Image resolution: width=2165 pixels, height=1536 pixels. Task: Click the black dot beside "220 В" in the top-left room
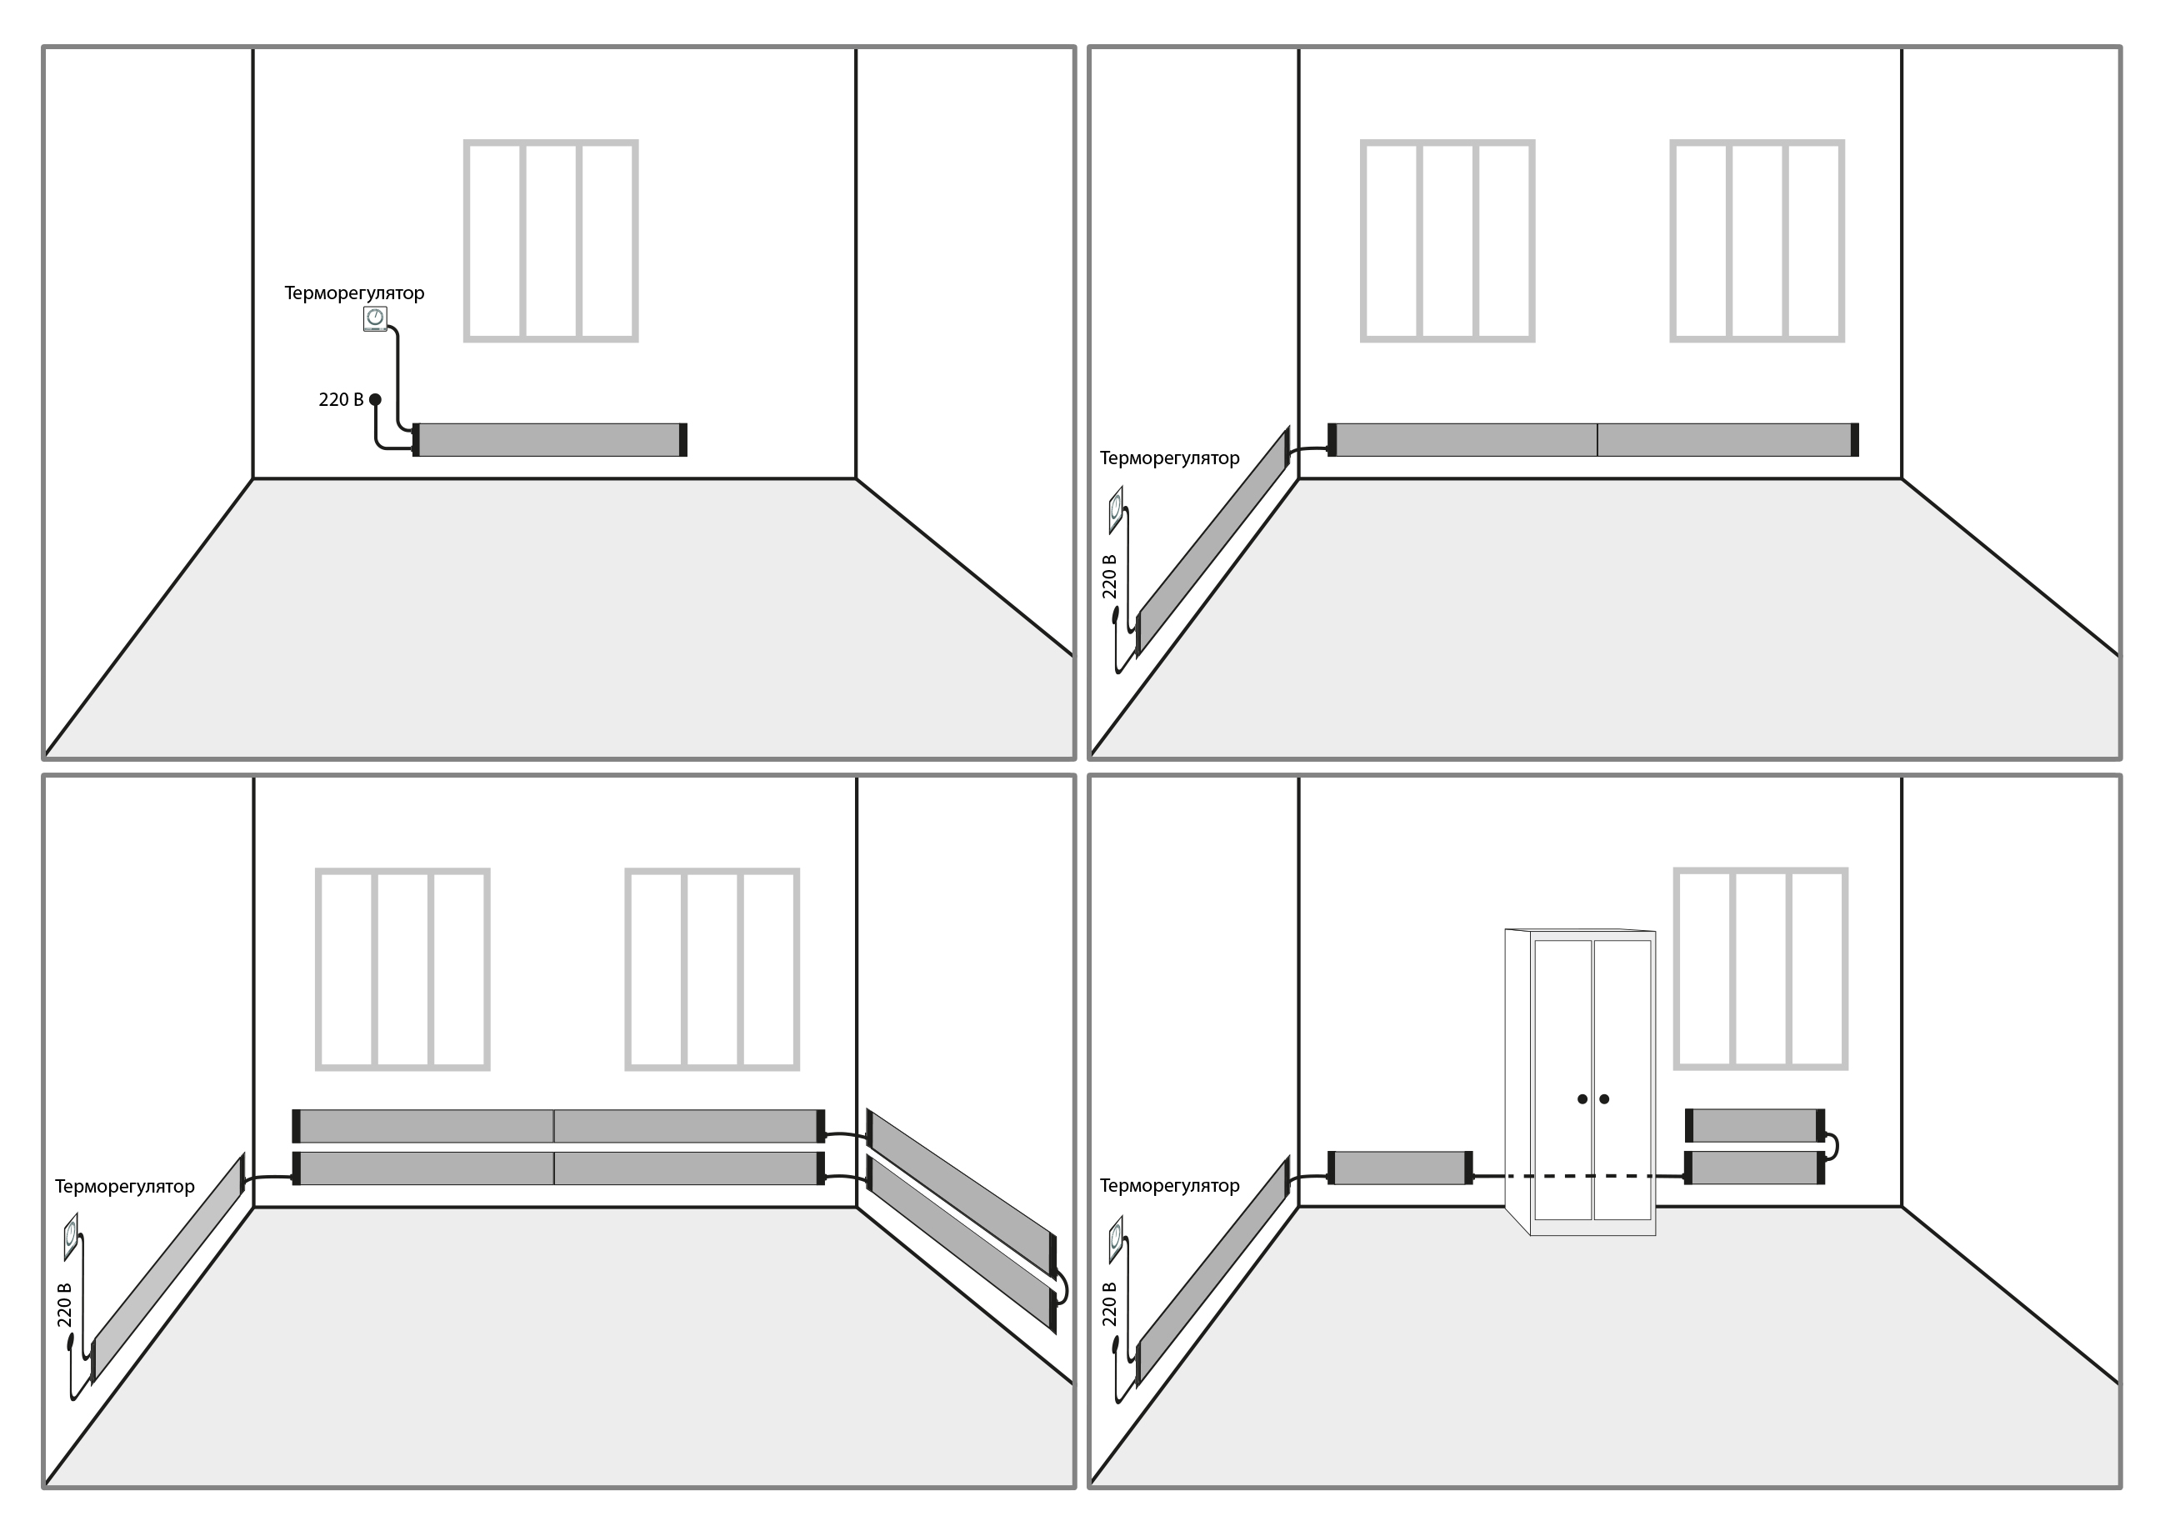[x=376, y=399]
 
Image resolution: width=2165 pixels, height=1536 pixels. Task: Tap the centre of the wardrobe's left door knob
[x=1582, y=1099]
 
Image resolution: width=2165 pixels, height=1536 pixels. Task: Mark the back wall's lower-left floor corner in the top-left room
[x=253, y=478]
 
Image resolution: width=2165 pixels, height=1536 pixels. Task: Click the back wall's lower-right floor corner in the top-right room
[x=1902, y=478]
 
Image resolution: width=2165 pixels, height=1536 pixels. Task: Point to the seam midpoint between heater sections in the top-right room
[x=1597, y=440]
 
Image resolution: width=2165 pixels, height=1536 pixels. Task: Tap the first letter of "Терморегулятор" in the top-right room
[x=1106, y=458]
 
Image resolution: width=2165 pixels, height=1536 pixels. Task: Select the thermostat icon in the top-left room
[x=376, y=318]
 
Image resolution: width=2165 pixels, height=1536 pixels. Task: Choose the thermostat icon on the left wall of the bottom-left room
[x=71, y=1236]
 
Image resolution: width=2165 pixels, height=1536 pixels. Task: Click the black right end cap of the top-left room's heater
[x=682, y=440]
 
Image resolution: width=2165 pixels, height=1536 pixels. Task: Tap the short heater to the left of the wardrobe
[x=1401, y=1168]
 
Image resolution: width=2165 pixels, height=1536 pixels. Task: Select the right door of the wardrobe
[x=1623, y=1080]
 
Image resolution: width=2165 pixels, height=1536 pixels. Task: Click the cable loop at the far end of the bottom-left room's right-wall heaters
[x=1062, y=1288]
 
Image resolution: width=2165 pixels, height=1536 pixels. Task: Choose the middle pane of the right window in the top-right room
[x=1757, y=241]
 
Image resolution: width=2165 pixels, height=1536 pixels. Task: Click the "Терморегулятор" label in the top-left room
[x=355, y=293]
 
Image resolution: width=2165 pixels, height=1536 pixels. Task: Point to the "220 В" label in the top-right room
[x=1109, y=576]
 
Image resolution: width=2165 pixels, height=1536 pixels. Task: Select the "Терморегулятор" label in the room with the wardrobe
[x=1170, y=1186]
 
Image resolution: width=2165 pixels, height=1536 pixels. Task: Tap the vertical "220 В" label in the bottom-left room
[x=64, y=1305]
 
